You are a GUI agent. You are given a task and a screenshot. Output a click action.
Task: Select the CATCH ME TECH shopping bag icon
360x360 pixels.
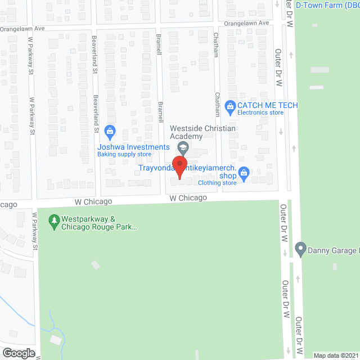point(229,106)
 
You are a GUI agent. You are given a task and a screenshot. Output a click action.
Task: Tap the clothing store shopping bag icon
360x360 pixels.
point(244,173)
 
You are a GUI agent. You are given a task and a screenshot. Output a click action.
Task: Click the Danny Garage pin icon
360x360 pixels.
point(300,248)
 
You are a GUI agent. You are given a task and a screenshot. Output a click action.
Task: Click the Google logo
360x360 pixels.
point(18,353)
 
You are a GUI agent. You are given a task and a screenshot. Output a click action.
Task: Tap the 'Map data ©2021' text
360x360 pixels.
point(336,355)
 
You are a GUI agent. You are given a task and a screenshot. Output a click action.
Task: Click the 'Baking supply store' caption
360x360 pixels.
point(124,154)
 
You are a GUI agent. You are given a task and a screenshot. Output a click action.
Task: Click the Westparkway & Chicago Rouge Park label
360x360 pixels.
point(99,223)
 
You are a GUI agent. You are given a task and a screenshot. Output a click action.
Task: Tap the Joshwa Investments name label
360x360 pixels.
point(133,147)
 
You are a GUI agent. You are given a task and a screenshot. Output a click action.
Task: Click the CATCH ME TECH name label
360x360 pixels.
point(267,105)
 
